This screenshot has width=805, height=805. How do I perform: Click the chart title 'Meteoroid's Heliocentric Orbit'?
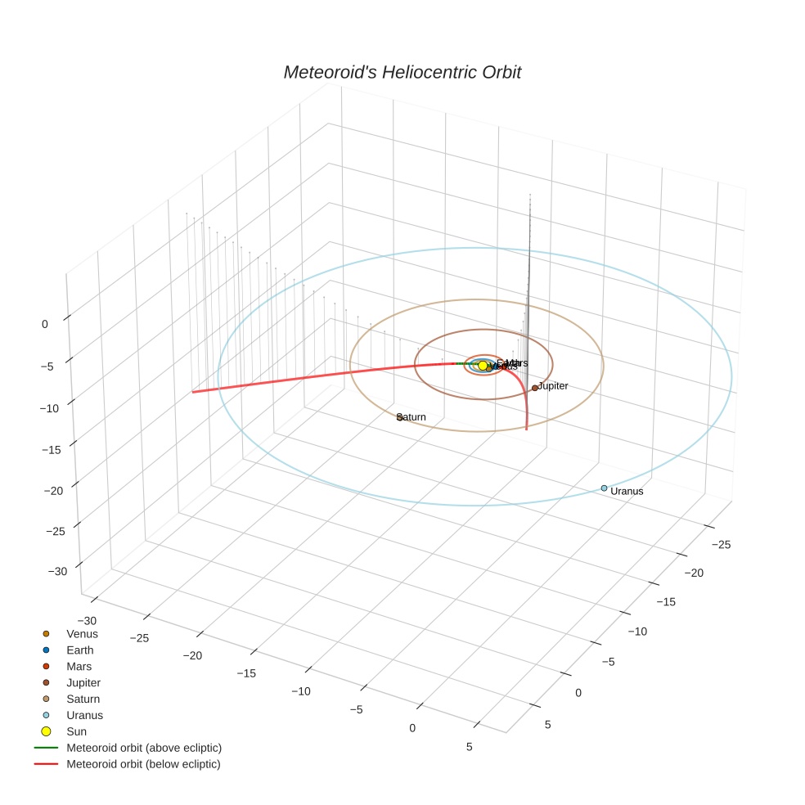point(402,72)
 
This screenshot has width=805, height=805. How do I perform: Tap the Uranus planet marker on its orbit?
point(605,488)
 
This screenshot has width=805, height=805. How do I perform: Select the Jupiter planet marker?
point(535,388)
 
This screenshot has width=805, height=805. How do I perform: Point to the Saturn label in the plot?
point(411,417)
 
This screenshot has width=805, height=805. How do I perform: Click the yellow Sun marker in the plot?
point(483,365)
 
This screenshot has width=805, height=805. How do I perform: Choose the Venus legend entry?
point(82,634)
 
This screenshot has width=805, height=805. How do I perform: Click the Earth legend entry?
point(79,650)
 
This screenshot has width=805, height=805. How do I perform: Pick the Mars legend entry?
point(79,667)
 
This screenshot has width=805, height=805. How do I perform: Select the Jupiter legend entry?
point(83,682)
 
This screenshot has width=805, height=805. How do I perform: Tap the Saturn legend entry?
point(83,699)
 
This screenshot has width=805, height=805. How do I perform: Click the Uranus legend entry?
point(84,715)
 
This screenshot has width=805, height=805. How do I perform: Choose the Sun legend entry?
point(76,731)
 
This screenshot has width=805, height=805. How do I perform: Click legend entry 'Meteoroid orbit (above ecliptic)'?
point(144,748)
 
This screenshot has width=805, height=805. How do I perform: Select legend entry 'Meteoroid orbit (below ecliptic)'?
point(143,764)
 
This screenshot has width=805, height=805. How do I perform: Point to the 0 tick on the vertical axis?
point(44,324)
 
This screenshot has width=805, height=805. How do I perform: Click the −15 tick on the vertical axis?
point(52,449)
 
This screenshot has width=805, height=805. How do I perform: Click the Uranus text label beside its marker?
point(627,492)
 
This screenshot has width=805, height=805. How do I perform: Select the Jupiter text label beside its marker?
point(553,385)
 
